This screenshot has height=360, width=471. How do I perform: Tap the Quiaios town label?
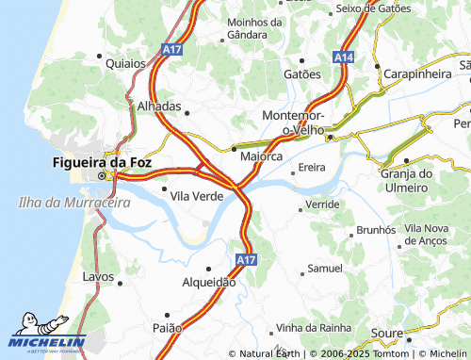tap(125, 63)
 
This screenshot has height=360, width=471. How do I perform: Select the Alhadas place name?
tap(157, 106)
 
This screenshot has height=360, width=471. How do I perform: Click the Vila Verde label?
tap(196, 195)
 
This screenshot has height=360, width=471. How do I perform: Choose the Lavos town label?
tap(98, 277)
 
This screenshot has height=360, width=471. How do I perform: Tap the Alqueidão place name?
tap(208, 282)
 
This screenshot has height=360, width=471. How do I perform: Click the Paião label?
tap(167, 327)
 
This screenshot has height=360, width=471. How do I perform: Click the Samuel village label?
tap(325, 269)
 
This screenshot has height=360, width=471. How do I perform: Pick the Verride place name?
tap(322, 204)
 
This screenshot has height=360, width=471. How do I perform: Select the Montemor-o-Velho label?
tap(293, 122)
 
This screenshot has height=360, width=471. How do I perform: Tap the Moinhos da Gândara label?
tap(254, 28)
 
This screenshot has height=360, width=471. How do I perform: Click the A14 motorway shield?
tap(343, 57)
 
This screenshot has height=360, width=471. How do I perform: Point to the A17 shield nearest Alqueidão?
tap(244, 258)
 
